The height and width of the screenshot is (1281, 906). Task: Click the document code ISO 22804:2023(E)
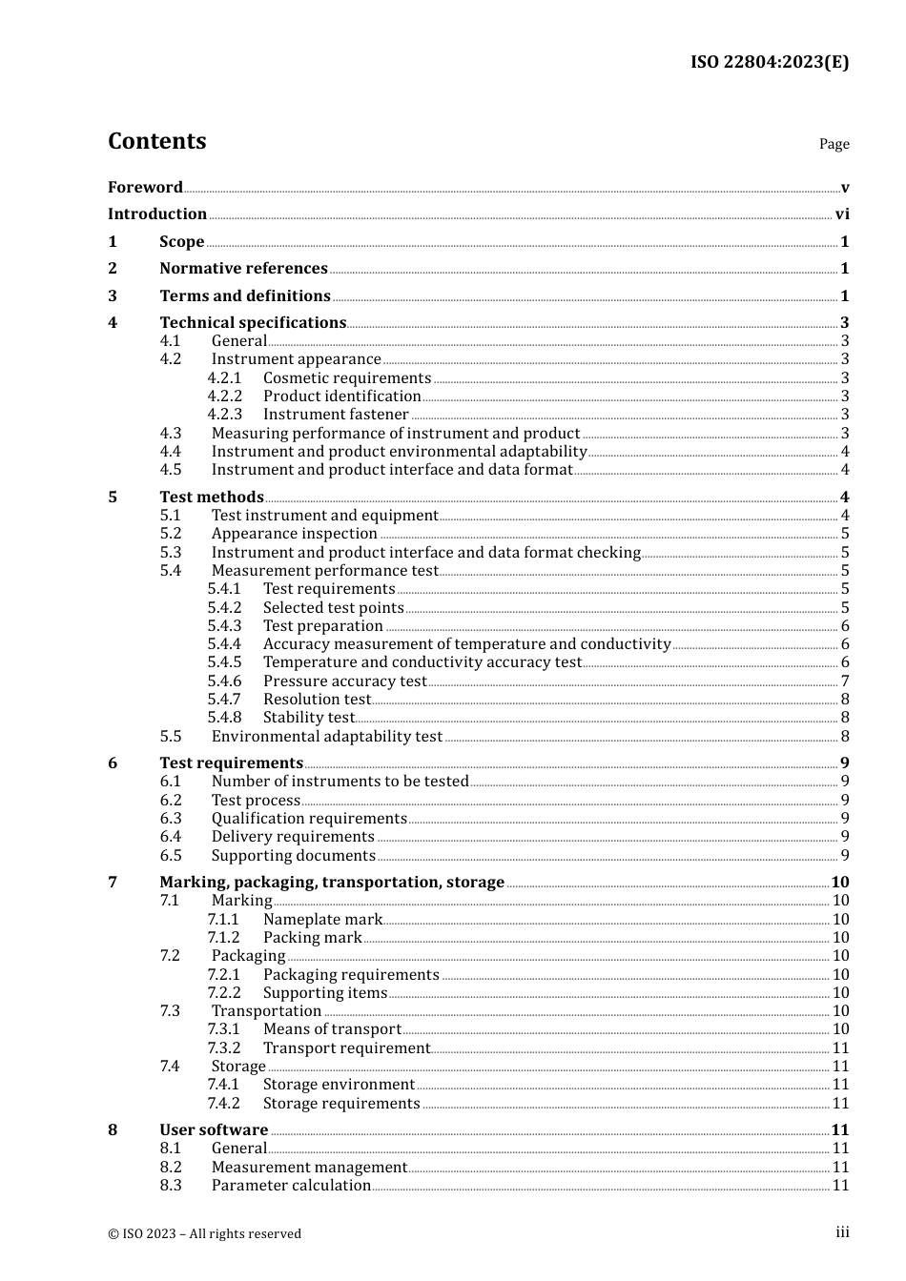coord(769,62)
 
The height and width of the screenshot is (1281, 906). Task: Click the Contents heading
coord(156,141)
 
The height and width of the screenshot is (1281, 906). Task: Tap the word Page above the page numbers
coord(834,144)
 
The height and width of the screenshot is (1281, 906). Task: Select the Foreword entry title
coord(145,187)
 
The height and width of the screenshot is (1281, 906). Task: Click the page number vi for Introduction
coord(841,214)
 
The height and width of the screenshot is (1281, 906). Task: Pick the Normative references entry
coord(243,269)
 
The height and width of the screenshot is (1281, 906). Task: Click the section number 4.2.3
coord(225,415)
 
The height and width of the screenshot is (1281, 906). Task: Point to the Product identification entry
coord(341,396)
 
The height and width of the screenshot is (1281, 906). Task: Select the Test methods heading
coord(212,497)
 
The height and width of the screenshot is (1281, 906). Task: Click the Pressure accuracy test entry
coord(344,681)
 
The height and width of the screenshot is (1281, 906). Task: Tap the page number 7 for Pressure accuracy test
coord(844,681)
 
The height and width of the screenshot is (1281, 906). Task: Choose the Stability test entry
coord(308,718)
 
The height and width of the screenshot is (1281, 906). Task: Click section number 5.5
coord(171,737)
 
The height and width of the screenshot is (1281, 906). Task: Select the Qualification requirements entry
coord(309,819)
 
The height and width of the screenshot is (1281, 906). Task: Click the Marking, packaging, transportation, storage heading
coord(332,883)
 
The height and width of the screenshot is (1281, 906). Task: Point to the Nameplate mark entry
coord(322,920)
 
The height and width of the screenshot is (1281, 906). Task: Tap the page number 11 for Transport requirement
coord(840,1048)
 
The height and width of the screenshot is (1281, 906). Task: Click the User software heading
coord(214,1130)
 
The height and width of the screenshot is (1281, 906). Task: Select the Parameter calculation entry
coord(291,1186)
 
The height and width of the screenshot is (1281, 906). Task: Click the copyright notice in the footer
coord(204,1234)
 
